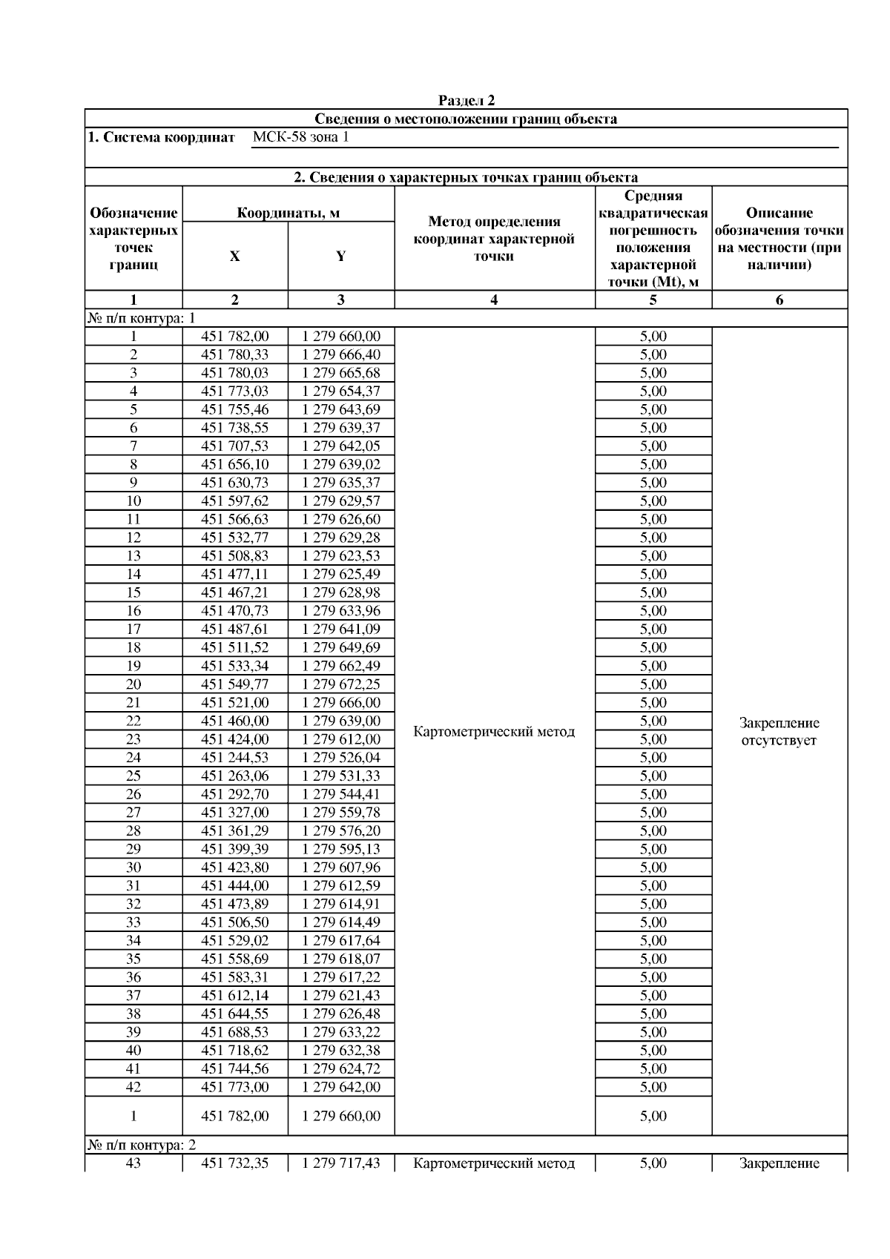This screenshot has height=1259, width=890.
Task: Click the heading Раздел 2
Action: pos(466,101)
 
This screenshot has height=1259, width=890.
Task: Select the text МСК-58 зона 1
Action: pos(300,138)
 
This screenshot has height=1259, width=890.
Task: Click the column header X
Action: pos(235,257)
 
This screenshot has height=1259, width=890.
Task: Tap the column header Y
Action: pos(340,257)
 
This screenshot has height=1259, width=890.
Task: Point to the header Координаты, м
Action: pos(288,214)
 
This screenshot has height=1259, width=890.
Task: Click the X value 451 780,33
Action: pos(235,355)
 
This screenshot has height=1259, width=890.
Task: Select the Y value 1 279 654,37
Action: pos(341,391)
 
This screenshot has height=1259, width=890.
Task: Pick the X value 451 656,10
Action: pos(235,465)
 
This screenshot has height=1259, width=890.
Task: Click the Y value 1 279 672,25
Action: pos(341,684)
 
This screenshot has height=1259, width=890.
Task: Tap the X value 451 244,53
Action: pos(235,758)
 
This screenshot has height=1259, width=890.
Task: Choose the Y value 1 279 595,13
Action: pos(341,849)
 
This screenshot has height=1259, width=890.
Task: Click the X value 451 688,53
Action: pos(235,1032)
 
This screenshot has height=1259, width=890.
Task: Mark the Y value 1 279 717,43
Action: pos(341,1164)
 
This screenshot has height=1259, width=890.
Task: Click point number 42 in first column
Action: pos(133,1087)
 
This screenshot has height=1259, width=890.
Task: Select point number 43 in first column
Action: pos(133,1164)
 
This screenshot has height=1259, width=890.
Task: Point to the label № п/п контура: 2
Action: pos(142,1146)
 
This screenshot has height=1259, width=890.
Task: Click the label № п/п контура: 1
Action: pos(142,319)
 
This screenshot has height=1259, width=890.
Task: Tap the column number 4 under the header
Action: pos(494,300)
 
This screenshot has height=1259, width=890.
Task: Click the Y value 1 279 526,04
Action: pos(341,758)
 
